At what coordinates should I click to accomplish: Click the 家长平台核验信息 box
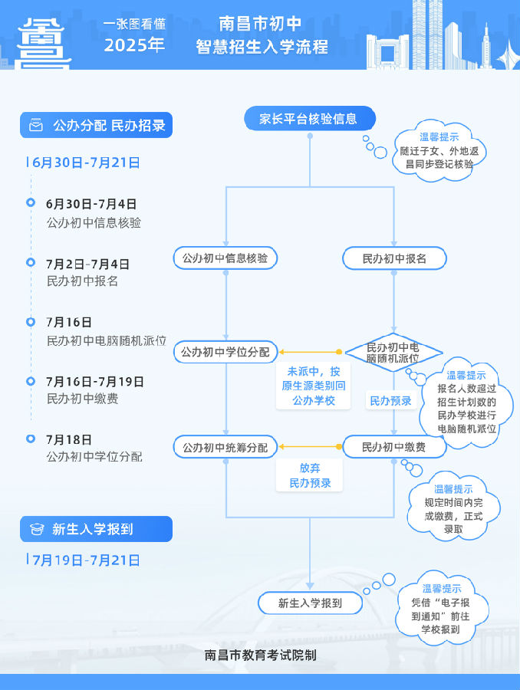click(310, 118)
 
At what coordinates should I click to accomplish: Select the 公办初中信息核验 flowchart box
click(225, 258)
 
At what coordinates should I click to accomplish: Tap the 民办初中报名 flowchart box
click(394, 258)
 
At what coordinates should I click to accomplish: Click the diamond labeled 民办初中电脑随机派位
click(393, 353)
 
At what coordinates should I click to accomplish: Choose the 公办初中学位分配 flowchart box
click(225, 352)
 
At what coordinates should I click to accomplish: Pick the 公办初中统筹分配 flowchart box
click(225, 447)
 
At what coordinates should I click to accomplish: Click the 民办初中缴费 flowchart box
click(394, 447)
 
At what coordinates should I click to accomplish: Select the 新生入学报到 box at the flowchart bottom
click(310, 603)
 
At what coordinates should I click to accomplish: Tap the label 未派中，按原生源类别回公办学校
click(314, 386)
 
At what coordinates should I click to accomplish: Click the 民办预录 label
click(390, 401)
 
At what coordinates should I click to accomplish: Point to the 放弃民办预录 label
click(310, 475)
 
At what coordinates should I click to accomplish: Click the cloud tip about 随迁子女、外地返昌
click(439, 151)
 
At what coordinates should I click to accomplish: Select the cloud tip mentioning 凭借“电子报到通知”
click(441, 609)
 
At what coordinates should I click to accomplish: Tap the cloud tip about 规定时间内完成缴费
click(453, 509)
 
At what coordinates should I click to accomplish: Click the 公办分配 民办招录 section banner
click(96, 125)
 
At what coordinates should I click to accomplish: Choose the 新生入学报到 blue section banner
click(96, 529)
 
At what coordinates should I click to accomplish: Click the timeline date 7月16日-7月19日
click(95, 382)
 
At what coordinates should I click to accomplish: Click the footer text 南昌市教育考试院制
click(260, 655)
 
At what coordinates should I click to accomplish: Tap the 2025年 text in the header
click(134, 45)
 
